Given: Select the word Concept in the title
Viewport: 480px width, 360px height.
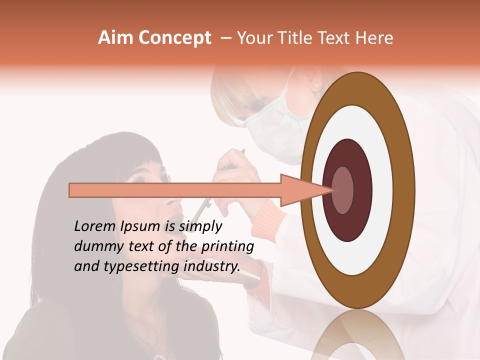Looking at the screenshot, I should pyautogui.click(x=175, y=38).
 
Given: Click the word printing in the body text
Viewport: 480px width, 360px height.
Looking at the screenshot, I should pyautogui.click(x=227, y=247).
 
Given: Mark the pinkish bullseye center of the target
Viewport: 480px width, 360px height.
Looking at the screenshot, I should pyautogui.click(x=343, y=190).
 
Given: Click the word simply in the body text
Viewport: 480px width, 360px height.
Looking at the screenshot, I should pyautogui.click(x=200, y=227).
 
